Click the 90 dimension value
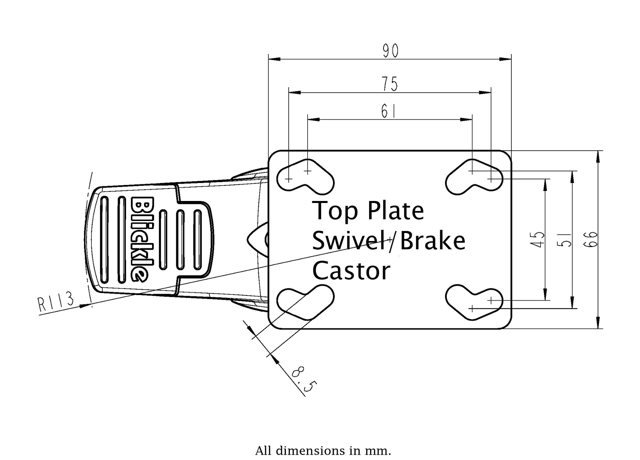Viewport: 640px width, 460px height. (390, 51)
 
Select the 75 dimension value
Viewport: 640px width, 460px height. (390, 84)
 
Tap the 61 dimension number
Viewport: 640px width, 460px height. (388, 112)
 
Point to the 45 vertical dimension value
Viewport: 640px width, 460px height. (539, 239)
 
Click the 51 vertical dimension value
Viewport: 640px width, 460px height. (566, 239)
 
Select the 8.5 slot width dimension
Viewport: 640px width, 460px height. (303, 380)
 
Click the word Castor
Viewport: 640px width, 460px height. (351, 271)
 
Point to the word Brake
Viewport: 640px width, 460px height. (432, 241)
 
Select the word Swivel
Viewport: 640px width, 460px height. (349, 241)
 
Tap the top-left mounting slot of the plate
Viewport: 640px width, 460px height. (305, 177)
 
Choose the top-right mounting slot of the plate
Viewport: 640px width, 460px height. (474, 177)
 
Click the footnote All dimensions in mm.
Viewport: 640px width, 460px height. (323, 451)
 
